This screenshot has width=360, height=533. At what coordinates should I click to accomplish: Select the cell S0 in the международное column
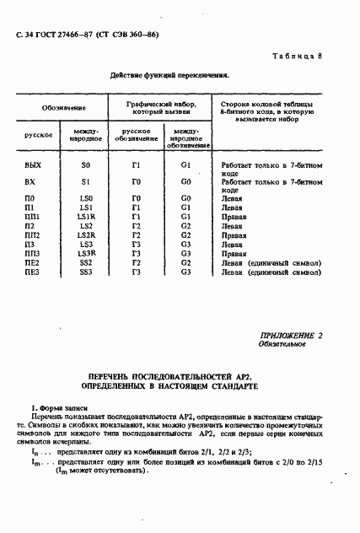click(85, 165)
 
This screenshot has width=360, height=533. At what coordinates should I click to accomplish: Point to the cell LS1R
click(86, 216)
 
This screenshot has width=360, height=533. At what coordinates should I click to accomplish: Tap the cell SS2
click(85, 262)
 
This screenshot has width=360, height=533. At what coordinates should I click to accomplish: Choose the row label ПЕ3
click(32, 272)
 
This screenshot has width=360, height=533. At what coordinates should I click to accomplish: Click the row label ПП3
click(33, 253)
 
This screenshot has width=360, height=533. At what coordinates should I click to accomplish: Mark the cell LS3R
click(86, 253)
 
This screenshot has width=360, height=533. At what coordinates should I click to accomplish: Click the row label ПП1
click(33, 216)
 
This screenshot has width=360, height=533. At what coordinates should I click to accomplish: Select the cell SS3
click(85, 272)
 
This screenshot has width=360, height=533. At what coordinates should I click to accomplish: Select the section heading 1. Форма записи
click(55, 408)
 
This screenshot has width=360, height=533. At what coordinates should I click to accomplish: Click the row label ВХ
click(30, 182)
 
